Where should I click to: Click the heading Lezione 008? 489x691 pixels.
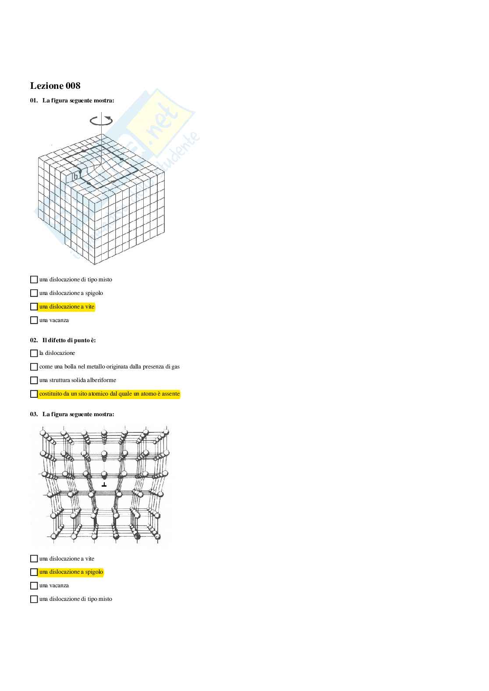tap(55, 86)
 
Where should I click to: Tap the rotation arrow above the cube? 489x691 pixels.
tap(101, 120)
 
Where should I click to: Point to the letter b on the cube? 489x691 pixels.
tap(75, 176)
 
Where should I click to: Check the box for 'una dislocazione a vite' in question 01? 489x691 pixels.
tap(34, 307)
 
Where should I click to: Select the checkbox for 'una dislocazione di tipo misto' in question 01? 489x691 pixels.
tap(34, 280)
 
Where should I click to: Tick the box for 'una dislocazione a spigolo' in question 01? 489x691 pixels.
tap(34, 293)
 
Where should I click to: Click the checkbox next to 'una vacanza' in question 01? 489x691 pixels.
tap(34, 320)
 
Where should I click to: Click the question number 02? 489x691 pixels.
tap(34, 340)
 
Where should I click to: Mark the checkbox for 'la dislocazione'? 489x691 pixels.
tap(34, 353)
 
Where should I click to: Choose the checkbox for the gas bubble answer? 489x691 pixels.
tap(34, 367)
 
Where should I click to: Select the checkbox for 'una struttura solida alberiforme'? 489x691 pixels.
tap(34, 380)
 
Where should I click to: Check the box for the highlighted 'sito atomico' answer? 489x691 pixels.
tap(34, 394)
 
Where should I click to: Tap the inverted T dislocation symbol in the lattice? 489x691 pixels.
tap(104, 485)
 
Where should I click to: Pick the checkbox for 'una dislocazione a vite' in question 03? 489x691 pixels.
tap(34, 559)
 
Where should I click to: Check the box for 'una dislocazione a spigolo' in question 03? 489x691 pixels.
tap(34, 572)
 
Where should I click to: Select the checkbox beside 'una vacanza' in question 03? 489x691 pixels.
tap(34, 586)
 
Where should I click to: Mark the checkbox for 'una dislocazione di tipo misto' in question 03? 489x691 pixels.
tap(34, 599)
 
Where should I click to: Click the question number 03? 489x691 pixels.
tap(34, 414)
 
